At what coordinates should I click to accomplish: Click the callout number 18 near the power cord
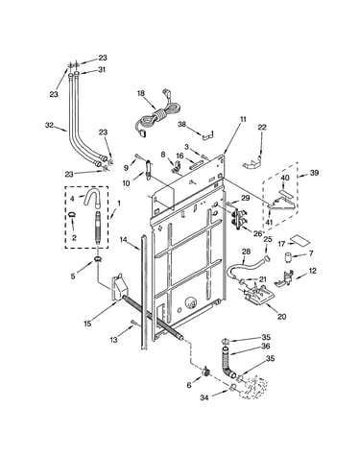(x=141, y=93)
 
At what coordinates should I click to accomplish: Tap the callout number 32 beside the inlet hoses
(x=49, y=126)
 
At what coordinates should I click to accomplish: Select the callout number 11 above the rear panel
(x=243, y=119)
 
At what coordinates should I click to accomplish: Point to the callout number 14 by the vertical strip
(x=124, y=239)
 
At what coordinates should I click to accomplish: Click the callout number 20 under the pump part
(x=281, y=317)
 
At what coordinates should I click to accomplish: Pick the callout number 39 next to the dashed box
(x=314, y=173)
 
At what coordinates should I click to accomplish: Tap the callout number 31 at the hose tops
(x=102, y=69)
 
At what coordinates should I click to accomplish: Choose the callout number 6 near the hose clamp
(x=189, y=385)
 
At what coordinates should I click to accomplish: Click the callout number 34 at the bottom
(x=204, y=397)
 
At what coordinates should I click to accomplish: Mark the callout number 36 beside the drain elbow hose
(x=266, y=346)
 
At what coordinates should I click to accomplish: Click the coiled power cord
(x=156, y=117)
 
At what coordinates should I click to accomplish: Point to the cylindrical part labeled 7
(x=289, y=256)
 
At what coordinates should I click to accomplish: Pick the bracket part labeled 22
(x=253, y=162)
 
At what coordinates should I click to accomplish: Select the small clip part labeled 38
(x=209, y=134)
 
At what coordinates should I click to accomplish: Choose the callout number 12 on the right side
(x=313, y=271)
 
